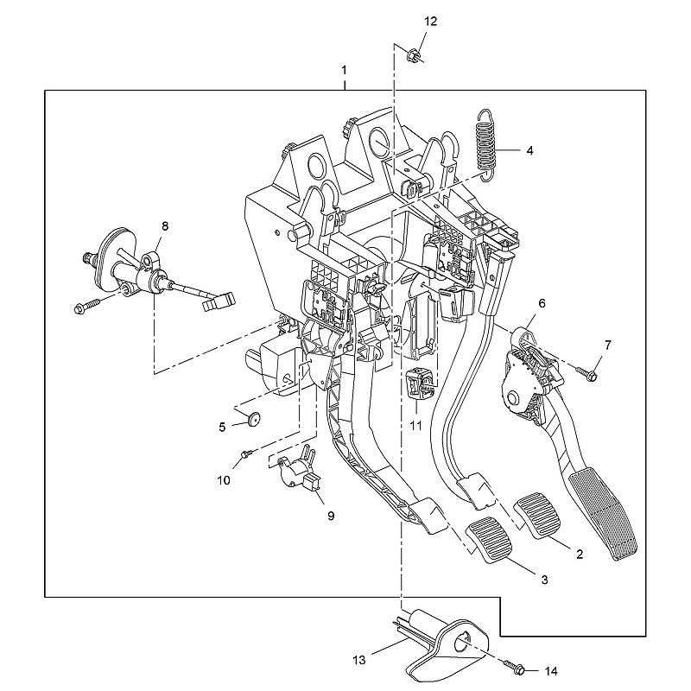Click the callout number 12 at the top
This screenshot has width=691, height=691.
pyautogui.click(x=430, y=21)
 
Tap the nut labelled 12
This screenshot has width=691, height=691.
pyautogui.click(x=413, y=56)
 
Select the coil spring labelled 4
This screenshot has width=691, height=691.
pyautogui.click(x=487, y=144)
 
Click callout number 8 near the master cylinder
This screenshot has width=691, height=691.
pyautogui.click(x=165, y=226)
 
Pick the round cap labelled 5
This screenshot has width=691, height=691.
pyautogui.click(x=253, y=419)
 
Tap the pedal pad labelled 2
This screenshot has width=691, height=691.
pyautogui.click(x=537, y=516)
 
